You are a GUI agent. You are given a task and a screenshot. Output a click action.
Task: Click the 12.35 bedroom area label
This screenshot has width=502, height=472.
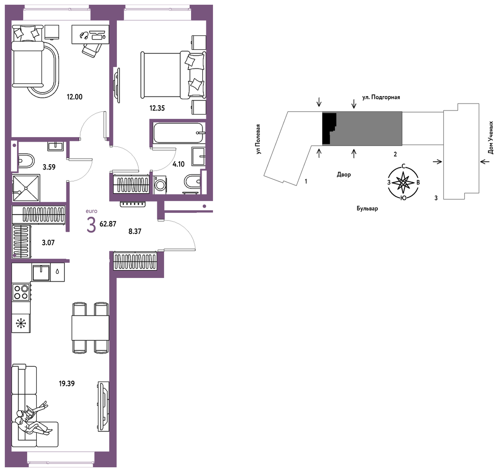pos(157,108)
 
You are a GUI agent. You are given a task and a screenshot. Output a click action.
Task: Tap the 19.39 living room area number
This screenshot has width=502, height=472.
pos(66,383)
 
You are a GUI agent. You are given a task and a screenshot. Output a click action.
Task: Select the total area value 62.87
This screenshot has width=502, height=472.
pos(108,224)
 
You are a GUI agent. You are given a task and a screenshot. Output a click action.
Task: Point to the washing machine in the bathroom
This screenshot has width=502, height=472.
pos(160,185)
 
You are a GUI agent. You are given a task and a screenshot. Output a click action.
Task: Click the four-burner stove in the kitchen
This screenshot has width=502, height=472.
pos(21,292)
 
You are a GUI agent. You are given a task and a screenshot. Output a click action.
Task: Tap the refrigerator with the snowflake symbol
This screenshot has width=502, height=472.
pos(21,323)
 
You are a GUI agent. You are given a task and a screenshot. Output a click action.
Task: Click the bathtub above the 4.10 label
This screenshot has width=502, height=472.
pos(179,133)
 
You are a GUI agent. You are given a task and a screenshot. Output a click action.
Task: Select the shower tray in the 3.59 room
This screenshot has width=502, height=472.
pos(26,188)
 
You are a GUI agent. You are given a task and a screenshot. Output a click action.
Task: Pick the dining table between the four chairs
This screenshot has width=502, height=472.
pos(90,328)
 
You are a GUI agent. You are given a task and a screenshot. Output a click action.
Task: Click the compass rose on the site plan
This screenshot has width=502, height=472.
pos(403,183)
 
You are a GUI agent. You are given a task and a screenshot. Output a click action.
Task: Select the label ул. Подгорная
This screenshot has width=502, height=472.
pos(381,97)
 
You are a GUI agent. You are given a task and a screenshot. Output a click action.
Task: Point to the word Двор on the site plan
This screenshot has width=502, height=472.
pos(344,174)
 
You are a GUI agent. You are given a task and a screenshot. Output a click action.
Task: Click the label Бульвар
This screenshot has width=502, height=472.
pos(367,208)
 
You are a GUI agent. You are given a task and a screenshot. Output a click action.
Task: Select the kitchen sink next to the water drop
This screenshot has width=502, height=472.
pos(41,272)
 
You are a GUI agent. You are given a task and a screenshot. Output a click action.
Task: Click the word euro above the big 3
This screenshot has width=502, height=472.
pos(91,211)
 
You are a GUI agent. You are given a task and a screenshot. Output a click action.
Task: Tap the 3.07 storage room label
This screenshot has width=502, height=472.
pos(48,243)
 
